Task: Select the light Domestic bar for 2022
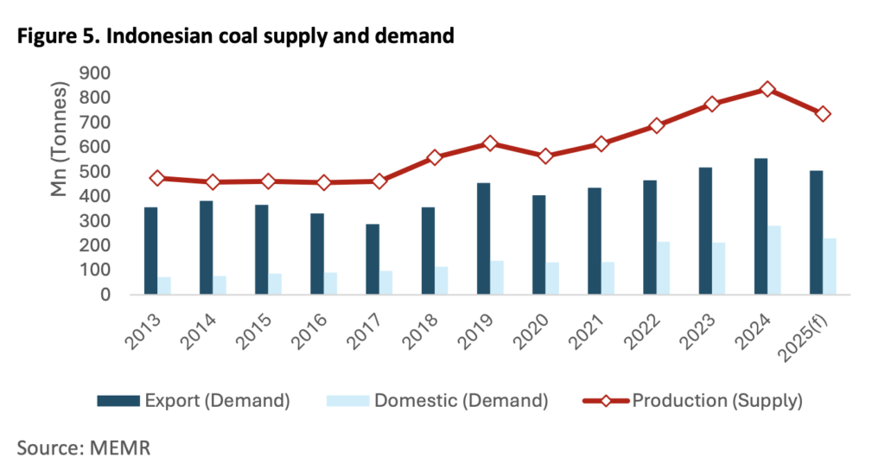pos(662,268)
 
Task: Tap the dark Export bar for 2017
pos(372,259)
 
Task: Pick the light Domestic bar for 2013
pos(164,286)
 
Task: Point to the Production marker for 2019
pos(490,143)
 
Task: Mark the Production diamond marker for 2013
pos(157,178)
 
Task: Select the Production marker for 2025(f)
pos(823,114)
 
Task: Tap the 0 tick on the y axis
pos(104,295)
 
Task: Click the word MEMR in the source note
pos(118,447)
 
